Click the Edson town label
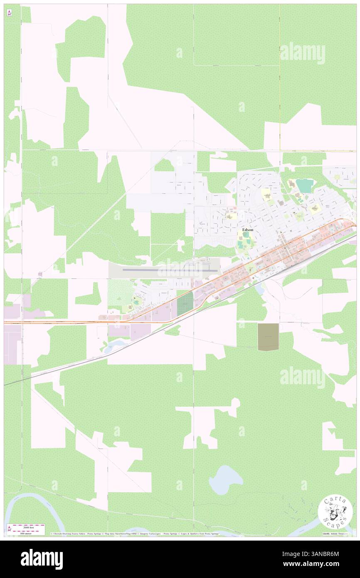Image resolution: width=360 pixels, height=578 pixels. (x=248, y=230)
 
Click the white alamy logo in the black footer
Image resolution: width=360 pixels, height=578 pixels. (x=42, y=559)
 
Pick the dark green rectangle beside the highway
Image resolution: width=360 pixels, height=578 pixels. (x=185, y=304)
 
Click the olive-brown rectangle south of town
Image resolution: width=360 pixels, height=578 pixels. (x=268, y=336)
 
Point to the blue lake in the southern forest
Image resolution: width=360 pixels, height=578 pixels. (x=226, y=479)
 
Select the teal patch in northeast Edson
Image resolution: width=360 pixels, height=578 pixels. (x=304, y=185)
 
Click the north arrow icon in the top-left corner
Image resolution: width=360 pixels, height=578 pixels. (x=10, y=13)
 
